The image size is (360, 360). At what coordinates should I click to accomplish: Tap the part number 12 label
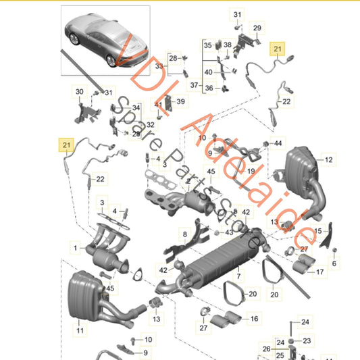(329, 160)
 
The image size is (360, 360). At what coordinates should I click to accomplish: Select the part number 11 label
(80, 332)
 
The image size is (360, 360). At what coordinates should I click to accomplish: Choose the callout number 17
(319, 273)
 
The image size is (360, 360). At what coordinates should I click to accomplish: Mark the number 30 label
(80, 91)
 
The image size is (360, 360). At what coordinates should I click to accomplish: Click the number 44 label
(279, 143)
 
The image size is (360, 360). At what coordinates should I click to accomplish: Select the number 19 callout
(250, 172)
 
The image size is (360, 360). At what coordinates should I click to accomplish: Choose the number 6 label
(334, 263)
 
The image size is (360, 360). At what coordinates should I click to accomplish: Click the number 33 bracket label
(159, 67)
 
